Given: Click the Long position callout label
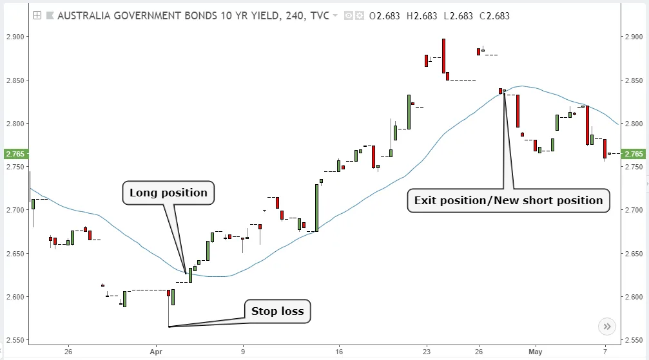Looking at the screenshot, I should point(168,193).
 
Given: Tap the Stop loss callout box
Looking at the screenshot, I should point(277,312).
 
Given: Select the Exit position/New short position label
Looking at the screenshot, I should point(508,200).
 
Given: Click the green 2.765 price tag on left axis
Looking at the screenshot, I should point(14,154).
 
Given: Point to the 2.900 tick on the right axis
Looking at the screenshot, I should point(634,37).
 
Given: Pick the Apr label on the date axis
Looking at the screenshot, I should point(155,352).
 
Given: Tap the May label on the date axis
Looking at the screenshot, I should point(536,352).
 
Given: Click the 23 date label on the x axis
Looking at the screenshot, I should point(427,352).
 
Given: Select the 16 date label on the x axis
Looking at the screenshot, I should point(338,352).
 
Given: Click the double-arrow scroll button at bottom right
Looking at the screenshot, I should point(606,327).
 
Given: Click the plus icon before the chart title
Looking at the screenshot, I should point(37,15).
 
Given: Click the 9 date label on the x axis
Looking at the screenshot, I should point(243,352).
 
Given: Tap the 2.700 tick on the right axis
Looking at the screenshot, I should point(634,210).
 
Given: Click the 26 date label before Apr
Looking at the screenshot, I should point(68,352).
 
